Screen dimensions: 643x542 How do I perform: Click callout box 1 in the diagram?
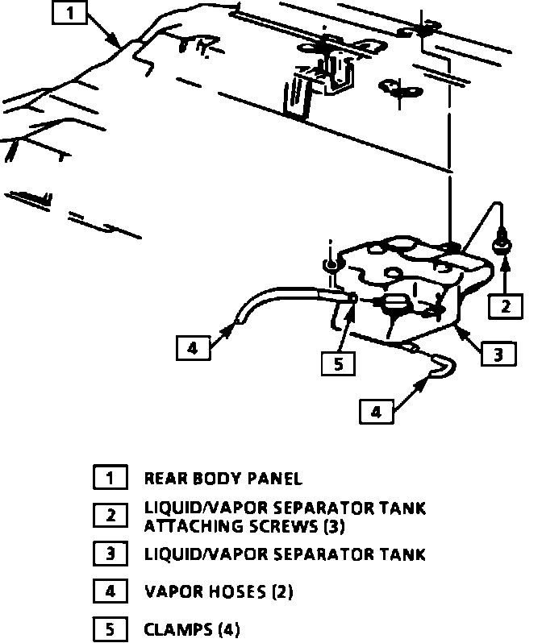coord(71,13)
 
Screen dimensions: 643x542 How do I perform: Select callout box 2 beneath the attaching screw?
coord(505,305)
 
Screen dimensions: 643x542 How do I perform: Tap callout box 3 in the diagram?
coord(498,352)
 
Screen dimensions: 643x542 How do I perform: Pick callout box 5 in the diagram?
coord(337,363)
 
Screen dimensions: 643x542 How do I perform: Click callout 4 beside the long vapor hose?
coord(192,348)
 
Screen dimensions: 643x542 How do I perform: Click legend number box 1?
coord(110,478)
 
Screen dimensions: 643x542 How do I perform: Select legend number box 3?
coord(110,554)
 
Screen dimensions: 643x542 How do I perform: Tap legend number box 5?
coord(110,628)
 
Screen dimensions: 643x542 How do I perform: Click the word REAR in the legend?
coord(165,479)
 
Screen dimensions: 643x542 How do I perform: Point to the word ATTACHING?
coord(187,526)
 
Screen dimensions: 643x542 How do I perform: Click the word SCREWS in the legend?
coord(270,526)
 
